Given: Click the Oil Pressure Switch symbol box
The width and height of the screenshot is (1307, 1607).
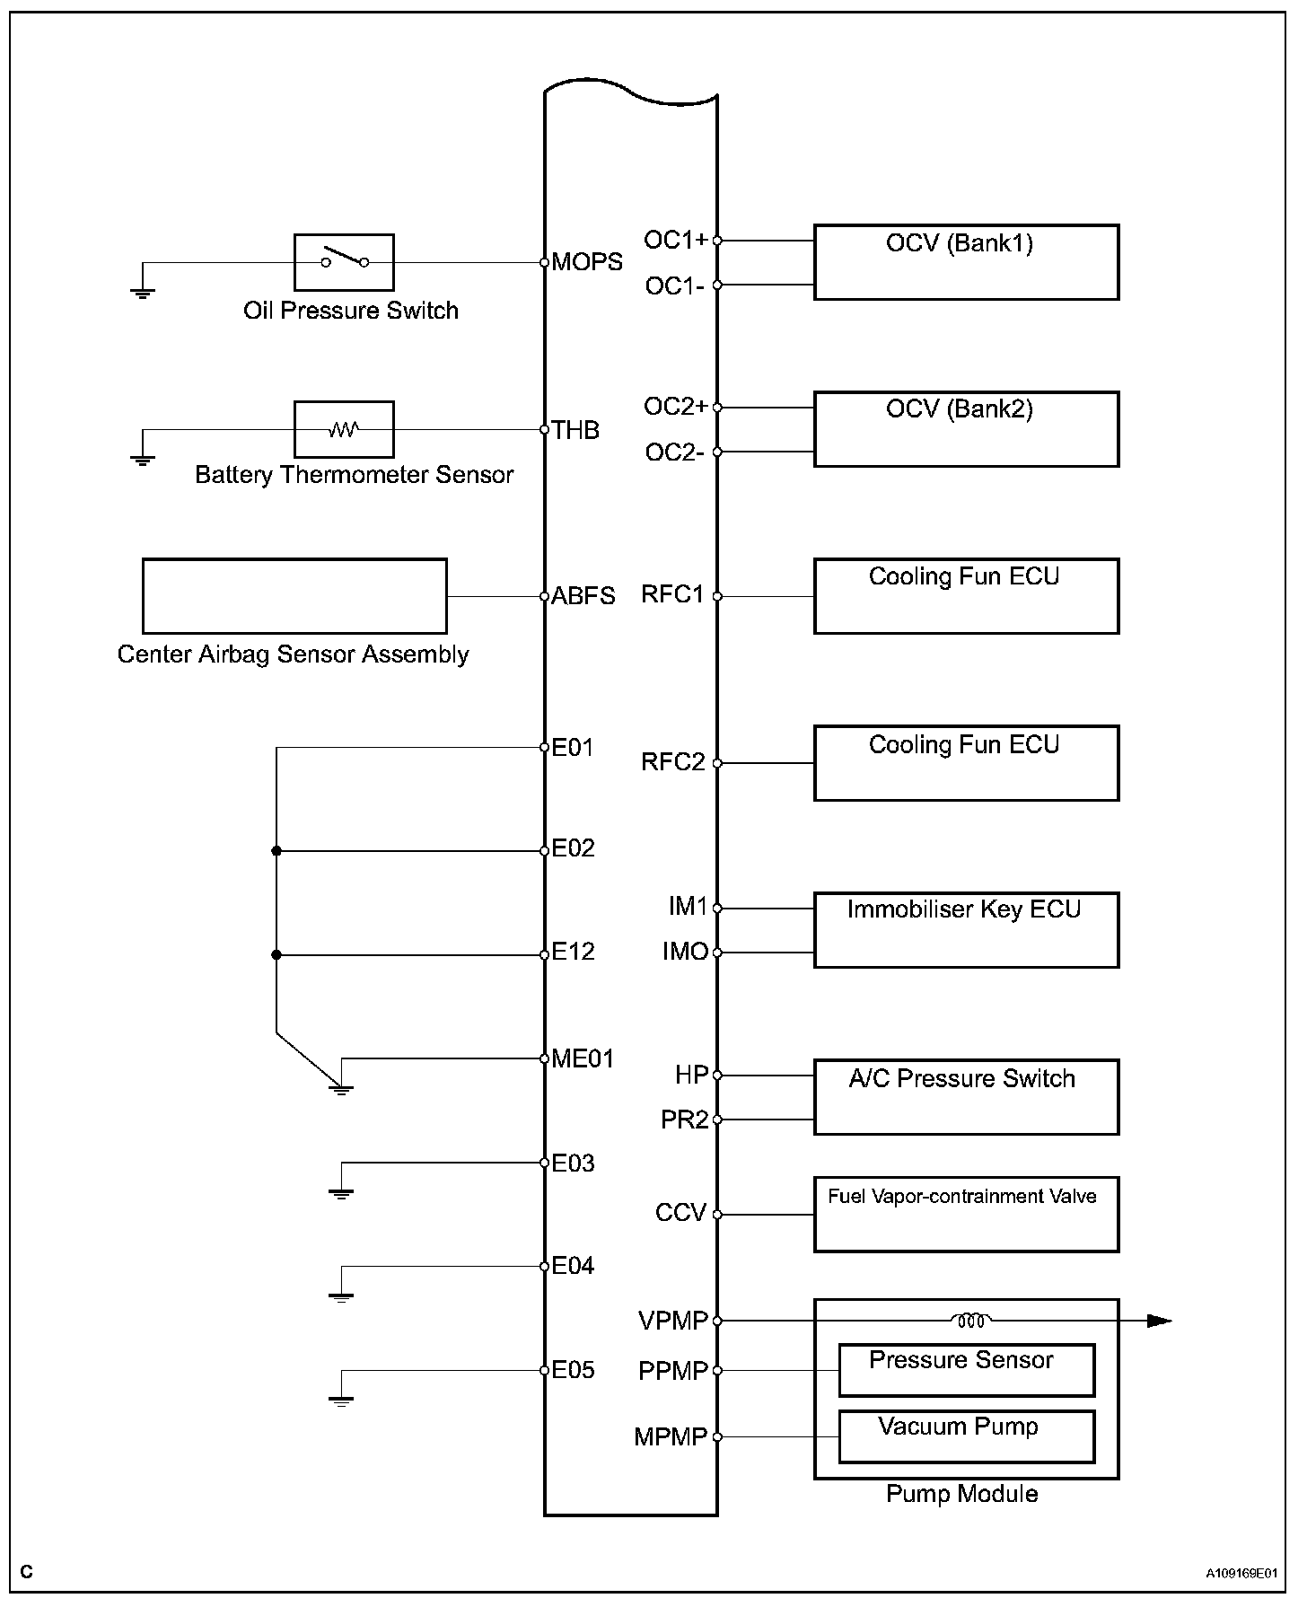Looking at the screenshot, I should click(344, 262).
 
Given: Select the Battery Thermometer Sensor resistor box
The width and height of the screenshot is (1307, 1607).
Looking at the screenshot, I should click(344, 429).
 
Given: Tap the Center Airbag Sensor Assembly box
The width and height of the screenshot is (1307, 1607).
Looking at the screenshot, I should click(294, 596).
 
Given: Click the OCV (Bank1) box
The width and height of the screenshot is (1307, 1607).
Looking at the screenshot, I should click(966, 262).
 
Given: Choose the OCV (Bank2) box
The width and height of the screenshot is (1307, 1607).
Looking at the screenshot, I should click(966, 429).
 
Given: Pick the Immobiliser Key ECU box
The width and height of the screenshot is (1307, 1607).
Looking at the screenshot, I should click(966, 930).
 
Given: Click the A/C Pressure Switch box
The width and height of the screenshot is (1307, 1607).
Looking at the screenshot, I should click(966, 1097).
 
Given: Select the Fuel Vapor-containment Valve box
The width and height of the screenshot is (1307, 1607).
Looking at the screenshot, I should click(966, 1215).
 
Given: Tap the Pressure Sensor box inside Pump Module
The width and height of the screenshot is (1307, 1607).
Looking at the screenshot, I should click(966, 1370).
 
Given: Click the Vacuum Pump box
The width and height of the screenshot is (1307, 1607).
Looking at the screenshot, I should click(966, 1436).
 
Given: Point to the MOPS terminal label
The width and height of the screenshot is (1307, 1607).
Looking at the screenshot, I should click(587, 262).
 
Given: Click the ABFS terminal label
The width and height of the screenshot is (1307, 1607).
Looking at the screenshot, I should click(583, 596).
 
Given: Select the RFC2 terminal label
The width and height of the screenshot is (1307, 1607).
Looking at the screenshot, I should click(672, 763).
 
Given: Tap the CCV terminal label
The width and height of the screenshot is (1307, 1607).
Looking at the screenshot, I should click(680, 1214).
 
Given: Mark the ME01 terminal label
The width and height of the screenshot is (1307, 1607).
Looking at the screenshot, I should click(583, 1059).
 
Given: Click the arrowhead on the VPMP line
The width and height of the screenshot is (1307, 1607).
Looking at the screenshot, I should click(1161, 1321).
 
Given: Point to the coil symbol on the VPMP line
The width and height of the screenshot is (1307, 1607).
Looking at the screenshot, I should click(970, 1321).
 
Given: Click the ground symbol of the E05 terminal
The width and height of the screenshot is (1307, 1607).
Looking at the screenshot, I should click(341, 1400).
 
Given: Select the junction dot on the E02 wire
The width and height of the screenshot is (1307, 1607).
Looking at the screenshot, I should click(276, 850).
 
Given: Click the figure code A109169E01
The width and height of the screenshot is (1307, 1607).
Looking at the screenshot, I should click(1241, 1574).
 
